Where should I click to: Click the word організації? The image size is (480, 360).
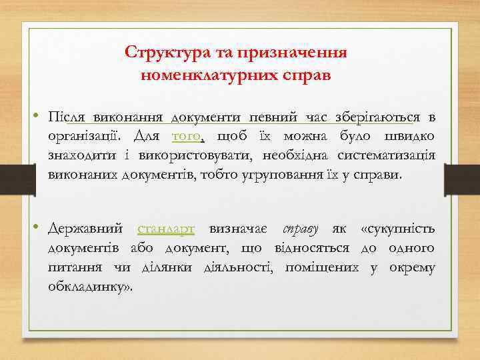point(84,137)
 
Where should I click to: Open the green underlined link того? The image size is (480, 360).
point(188,137)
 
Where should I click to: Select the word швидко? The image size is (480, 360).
point(409,137)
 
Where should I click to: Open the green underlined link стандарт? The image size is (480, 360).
point(166,229)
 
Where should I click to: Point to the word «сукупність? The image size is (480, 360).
point(397,229)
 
